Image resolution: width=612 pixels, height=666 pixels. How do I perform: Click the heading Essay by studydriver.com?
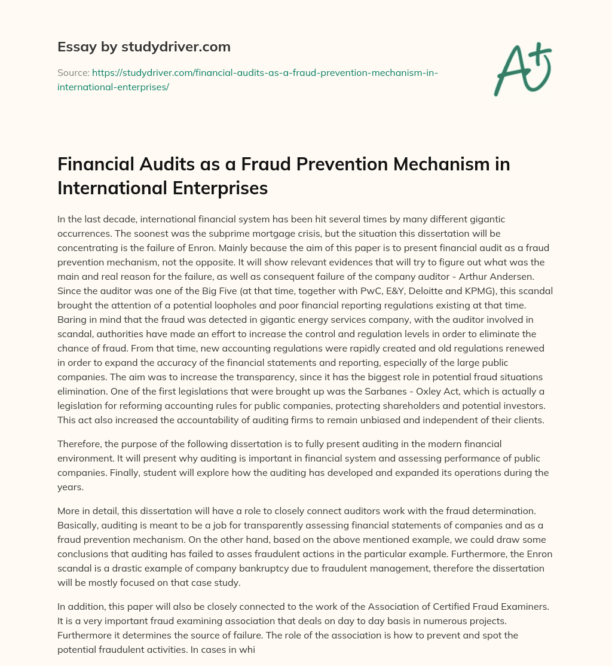[144, 46]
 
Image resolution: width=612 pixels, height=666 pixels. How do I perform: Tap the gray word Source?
[72, 72]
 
